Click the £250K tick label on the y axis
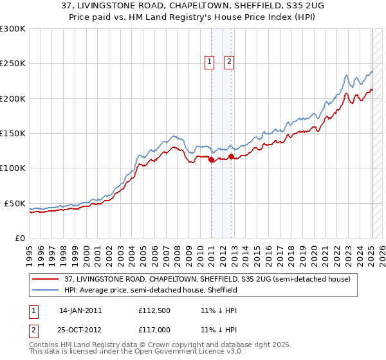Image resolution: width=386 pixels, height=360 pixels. pyautogui.click(x=12, y=64)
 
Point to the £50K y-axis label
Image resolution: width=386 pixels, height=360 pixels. pyautogui.click(x=15, y=203)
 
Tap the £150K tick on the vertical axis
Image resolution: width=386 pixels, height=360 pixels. pyautogui.click(x=12, y=133)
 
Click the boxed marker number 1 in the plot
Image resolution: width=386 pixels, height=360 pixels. pyautogui.click(x=210, y=62)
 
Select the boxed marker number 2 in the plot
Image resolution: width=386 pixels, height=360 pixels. pyautogui.click(x=229, y=62)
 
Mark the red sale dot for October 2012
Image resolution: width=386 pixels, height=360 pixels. pyautogui.click(x=232, y=156)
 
